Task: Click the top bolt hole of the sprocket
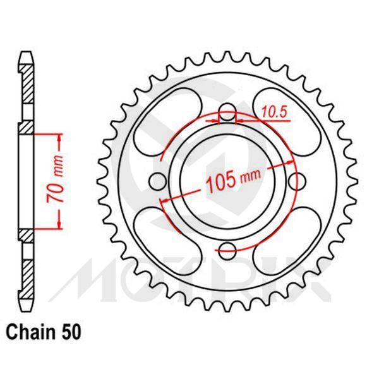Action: [x=227, y=115]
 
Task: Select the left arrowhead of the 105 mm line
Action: [x=165, y=199]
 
